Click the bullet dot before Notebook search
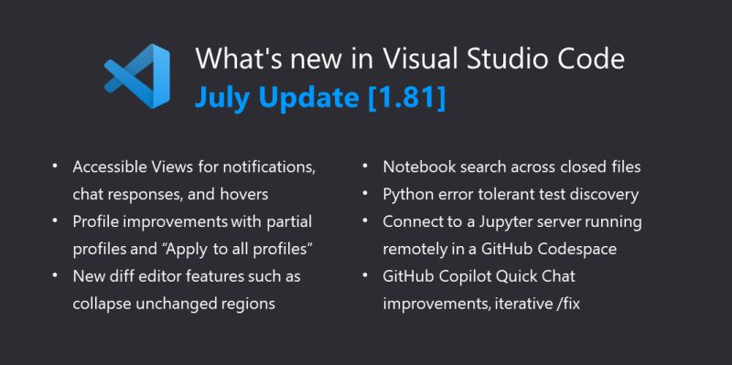364,167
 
